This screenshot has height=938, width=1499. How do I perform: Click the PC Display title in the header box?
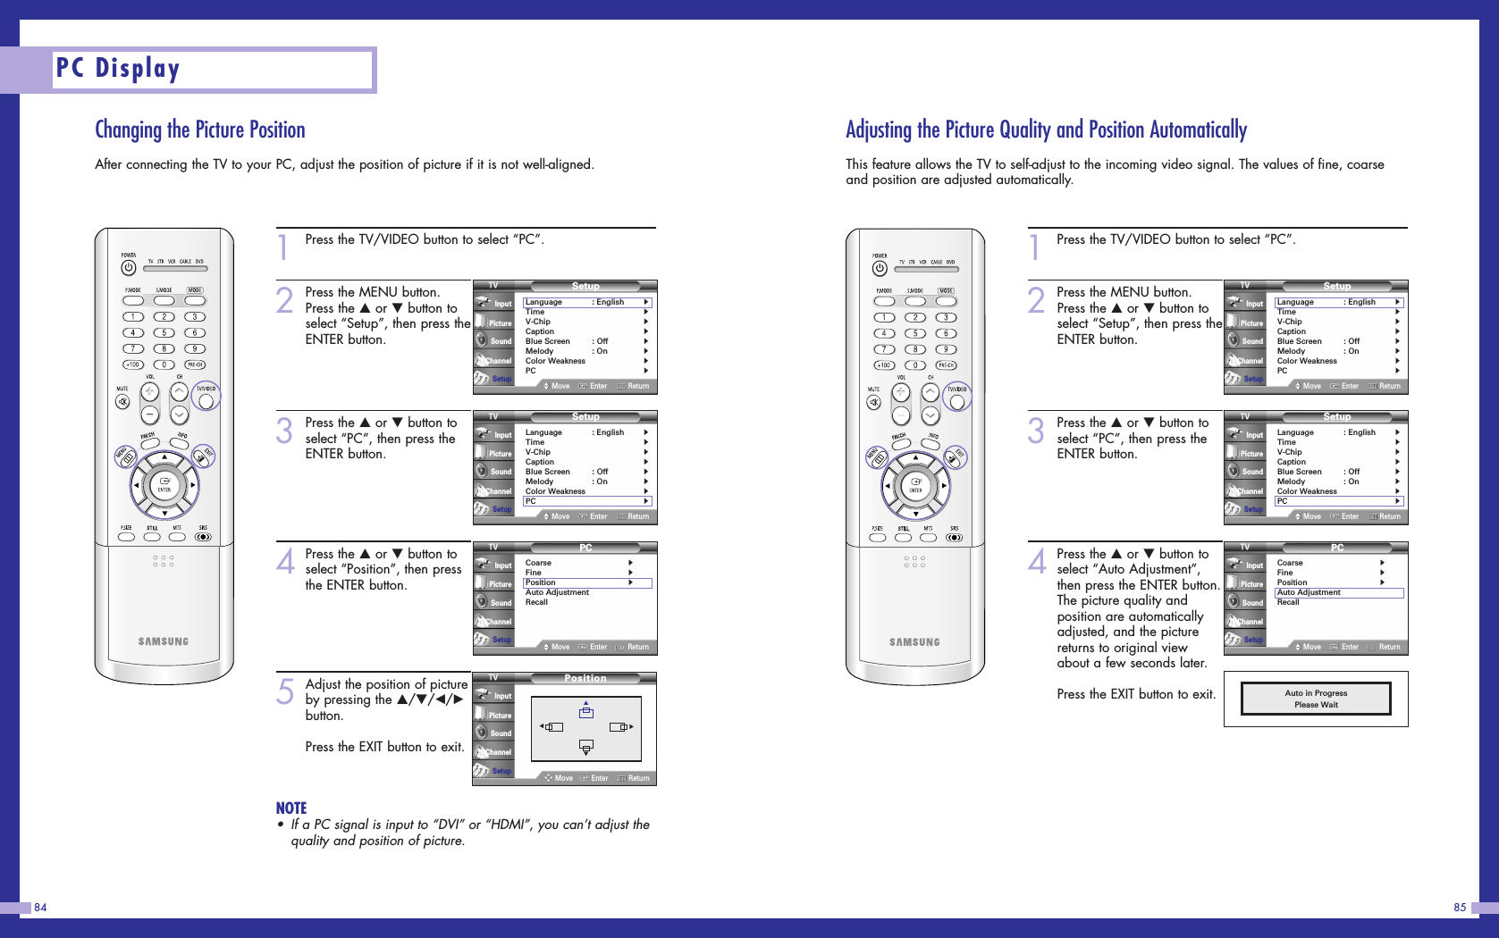pos(118,69)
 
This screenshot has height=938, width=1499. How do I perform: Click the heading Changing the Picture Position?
pos(200,130)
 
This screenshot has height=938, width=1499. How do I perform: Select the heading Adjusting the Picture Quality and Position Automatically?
pos(1046,130)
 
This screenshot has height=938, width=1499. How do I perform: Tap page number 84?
pos(40,908)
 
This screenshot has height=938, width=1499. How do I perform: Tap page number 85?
pos(1460,908)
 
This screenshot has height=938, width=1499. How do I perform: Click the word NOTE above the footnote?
pos(291,808)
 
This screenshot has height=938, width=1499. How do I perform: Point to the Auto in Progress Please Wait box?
pos(1316,699)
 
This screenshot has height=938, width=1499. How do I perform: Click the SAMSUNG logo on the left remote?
pos(164,641)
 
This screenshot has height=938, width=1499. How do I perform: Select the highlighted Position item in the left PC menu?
pos(587,582)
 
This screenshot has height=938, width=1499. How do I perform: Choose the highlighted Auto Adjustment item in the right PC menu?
pos(1339,592)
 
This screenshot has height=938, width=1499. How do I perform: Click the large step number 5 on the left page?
pos(285,691)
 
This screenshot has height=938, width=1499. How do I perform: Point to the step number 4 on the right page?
pos(1037,561)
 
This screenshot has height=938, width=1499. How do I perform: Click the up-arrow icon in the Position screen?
pos(586,711)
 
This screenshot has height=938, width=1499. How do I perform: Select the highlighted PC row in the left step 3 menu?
pos(587,501)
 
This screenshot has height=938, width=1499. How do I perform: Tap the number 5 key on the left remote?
pos(164,333)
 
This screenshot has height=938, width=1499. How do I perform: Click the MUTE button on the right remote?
pos(873,402)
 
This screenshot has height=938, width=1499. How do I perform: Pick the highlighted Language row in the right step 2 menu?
pos(1339,302)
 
